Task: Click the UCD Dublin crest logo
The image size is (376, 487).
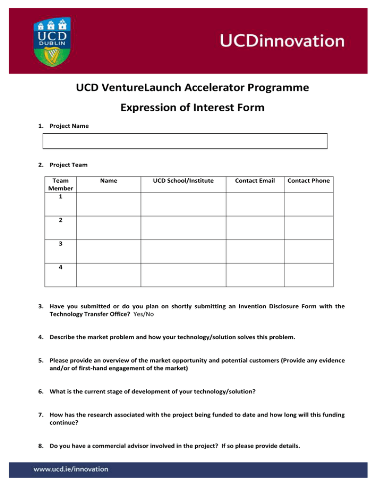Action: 50,41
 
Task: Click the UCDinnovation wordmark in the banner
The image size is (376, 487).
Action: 282,41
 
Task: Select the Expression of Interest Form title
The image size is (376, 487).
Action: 192,107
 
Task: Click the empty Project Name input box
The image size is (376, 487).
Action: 185,141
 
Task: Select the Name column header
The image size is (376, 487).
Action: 108,181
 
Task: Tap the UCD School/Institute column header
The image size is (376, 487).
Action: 183,181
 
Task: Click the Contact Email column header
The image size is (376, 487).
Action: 255,181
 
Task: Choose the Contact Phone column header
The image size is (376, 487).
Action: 308,181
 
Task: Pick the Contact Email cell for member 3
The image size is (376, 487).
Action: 255,250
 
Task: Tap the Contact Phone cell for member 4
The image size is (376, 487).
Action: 308,274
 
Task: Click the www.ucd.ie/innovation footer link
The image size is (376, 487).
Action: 71,469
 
